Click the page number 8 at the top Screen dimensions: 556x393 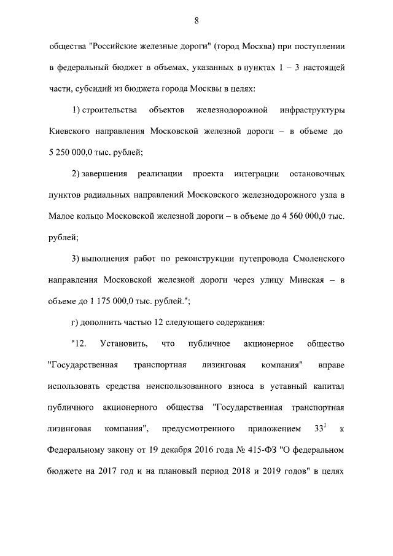tap(196, 21)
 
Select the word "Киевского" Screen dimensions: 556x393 tap(70, 131)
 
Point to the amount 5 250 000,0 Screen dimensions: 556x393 tap(72, 152)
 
